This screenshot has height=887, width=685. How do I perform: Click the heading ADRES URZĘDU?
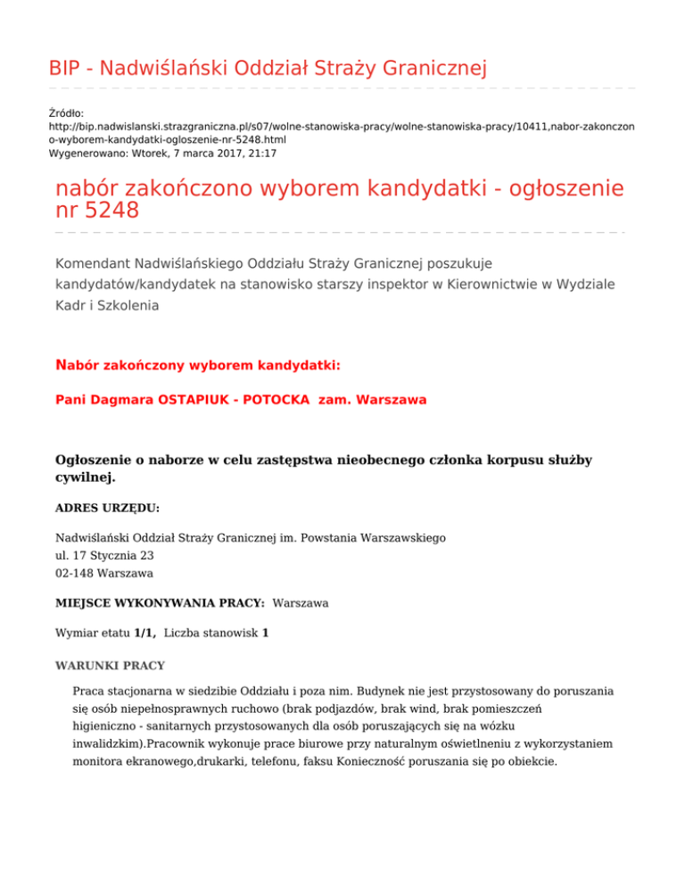[x=107, y=508]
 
